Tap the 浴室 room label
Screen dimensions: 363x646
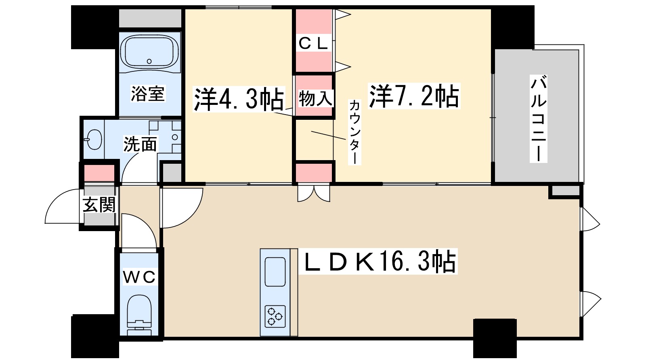pos(148,94)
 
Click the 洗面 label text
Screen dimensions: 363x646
pos(140,144)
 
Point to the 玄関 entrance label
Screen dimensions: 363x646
pos(99,205)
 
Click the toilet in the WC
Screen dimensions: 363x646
pos(138,315)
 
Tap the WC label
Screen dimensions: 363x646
pos(139,277)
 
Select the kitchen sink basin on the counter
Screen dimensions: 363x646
pos(275,271)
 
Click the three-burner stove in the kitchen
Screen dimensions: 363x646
pos(275,316)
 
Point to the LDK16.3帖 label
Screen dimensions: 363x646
pos(380,262)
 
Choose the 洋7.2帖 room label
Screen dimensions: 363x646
pos(414,96)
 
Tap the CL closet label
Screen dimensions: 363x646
pos(313,44)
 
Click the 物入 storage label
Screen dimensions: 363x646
pos(315,98)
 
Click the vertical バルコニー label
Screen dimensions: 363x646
pos(538,119)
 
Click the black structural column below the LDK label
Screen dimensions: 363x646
pos(495,338)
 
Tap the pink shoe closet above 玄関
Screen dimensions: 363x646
pos(99,173)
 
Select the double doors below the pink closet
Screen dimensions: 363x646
pos(314,193)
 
